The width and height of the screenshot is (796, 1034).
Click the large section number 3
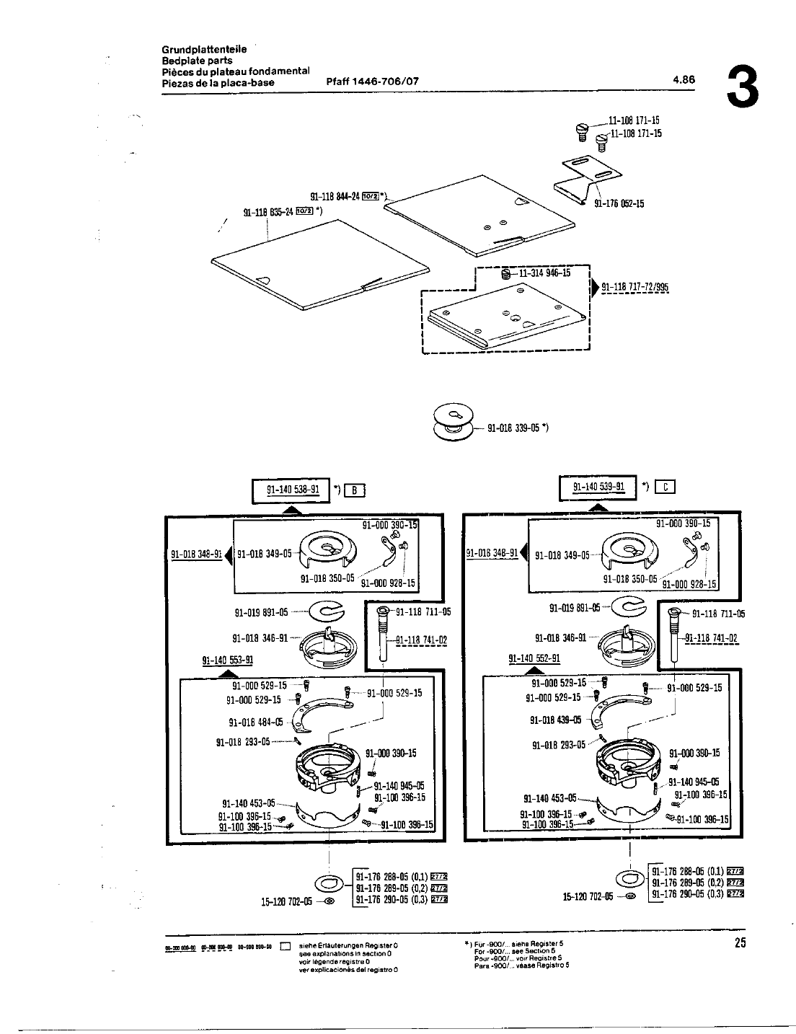point(743,87)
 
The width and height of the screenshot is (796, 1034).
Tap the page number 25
point(740,942)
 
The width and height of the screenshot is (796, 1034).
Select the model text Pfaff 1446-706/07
point(373,81)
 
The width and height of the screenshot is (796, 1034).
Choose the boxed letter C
point(663,487)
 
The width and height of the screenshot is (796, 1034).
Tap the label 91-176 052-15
point(619,204)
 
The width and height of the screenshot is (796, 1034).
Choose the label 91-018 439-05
point(556,720)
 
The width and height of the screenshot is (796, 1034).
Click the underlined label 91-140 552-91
point(534,658)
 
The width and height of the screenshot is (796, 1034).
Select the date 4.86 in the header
point(684,81)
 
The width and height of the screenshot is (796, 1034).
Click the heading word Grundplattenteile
point(204,50)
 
